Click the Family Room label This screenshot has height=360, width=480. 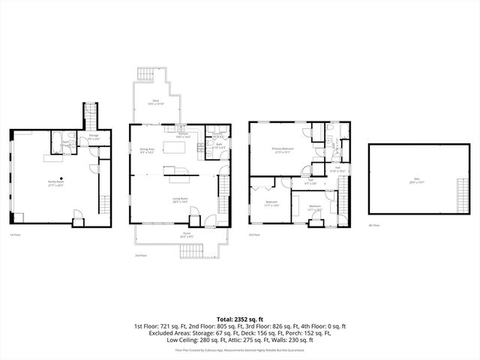coord(55,182)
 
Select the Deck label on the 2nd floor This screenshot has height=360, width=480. coord(156,101)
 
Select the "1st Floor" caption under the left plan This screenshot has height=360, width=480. coord(15,235)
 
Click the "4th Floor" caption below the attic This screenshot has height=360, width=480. coord(375,225)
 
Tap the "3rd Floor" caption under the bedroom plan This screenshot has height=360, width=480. coord(256,235)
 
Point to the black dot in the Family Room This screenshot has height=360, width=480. coord(52,178)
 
